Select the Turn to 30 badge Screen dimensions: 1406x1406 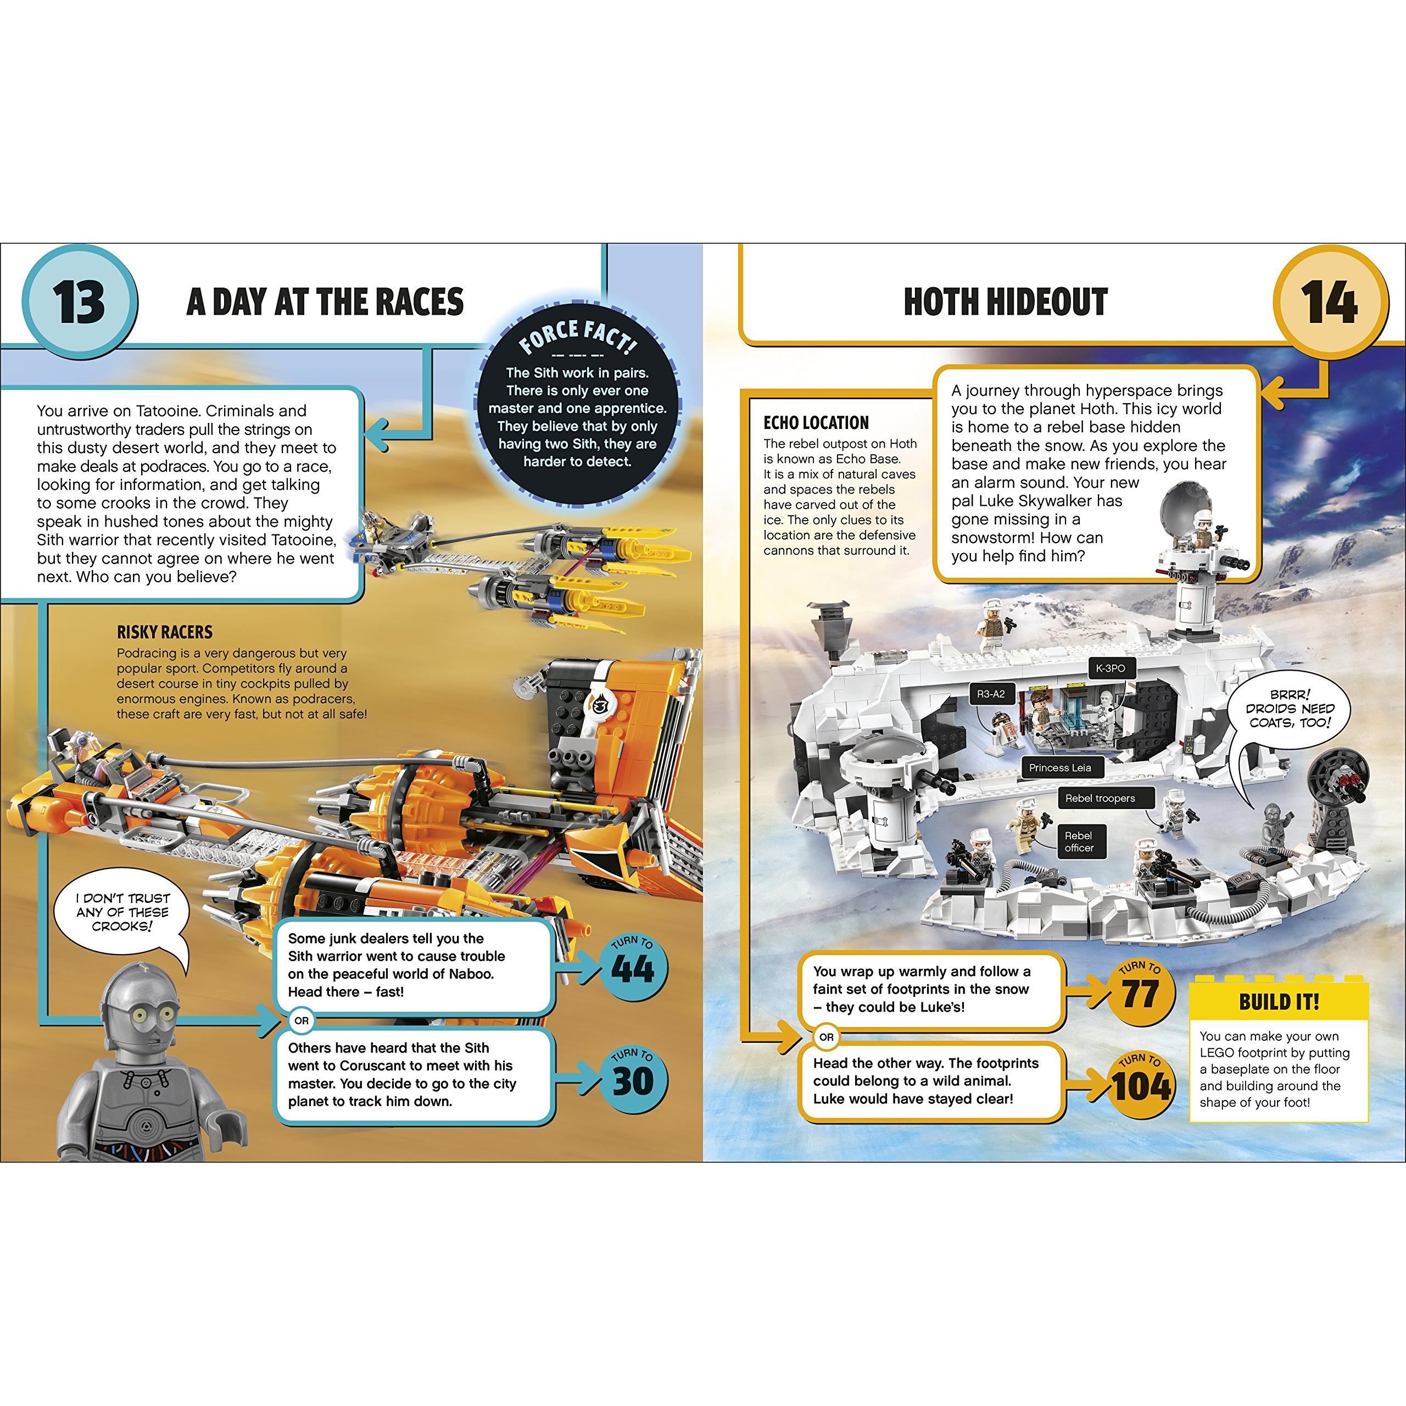(x=632, y=1079)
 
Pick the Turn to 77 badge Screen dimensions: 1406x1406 (x=1140, y=992)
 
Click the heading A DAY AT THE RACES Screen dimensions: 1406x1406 (x=325, y=302)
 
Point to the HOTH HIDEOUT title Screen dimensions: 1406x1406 (x=1005, y=302)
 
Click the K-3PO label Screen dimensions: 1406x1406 (x=1110, y=668)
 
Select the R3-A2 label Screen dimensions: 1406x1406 (x=991, y=694)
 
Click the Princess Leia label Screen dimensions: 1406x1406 (x=1059, y=768)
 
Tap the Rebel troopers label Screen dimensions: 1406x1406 (x=1100, y=799)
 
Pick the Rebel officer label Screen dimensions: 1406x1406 (x=1079, y=842)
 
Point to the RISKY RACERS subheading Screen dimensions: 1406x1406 (x=164, y=632)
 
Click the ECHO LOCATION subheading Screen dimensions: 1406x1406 (x=816, y=423)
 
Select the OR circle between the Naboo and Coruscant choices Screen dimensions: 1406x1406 (x=302, y=1021)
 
